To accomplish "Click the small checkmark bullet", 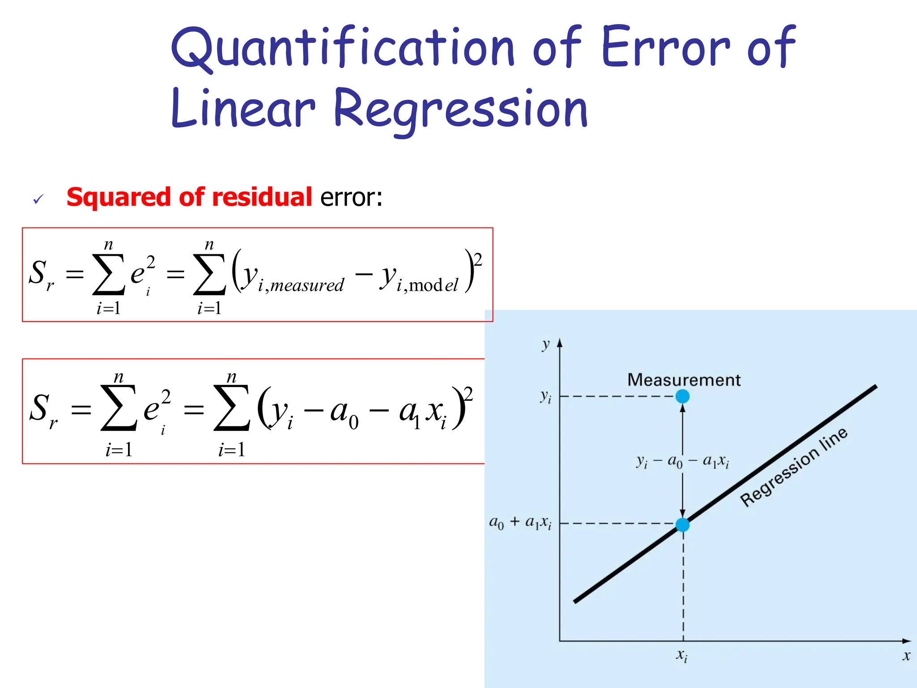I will pos(38,199).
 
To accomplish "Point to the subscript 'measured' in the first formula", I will pos(307,285).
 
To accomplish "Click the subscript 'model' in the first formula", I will pos(433,285).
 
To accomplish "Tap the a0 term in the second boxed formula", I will pos(344,412).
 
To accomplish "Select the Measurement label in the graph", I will pos(684,380).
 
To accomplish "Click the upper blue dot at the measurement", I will pos(682,396).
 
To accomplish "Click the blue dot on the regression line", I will pos(682,525).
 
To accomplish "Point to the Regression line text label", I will pos(794,467).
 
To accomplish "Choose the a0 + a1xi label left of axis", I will pos(520,522).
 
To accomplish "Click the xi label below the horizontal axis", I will pos(681,656).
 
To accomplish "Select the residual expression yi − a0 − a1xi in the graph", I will pos(683,461).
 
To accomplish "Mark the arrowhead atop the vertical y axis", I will pos(559,343).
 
